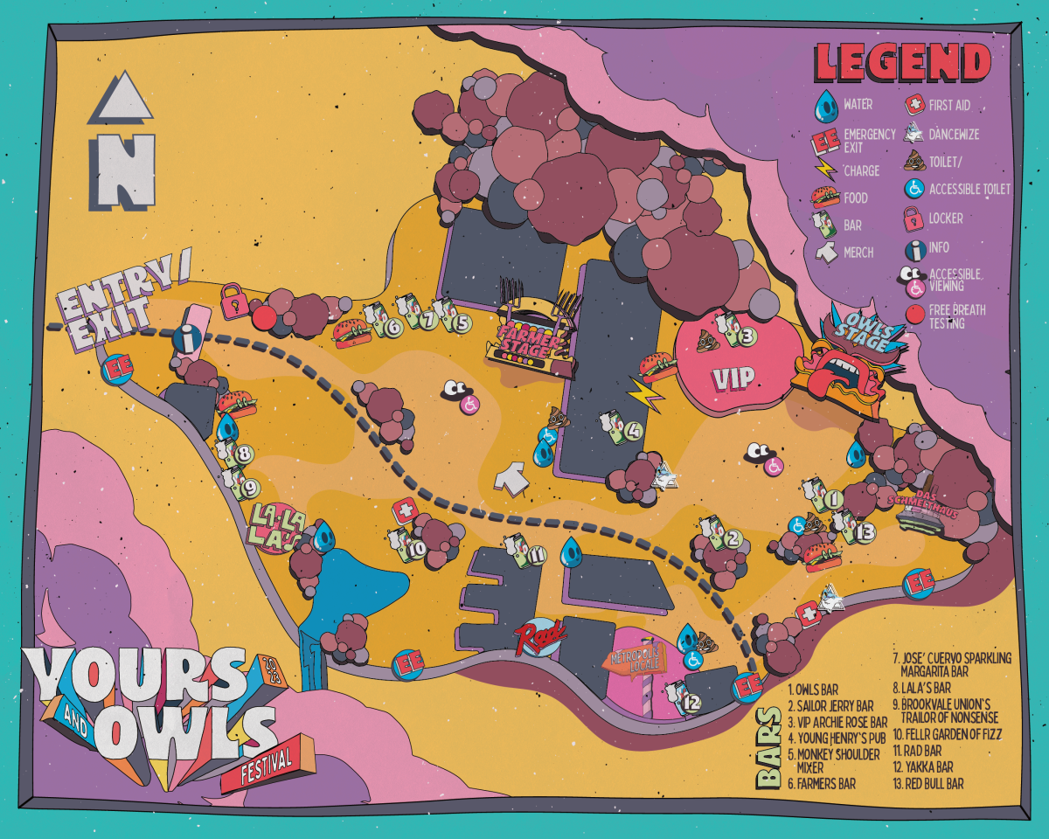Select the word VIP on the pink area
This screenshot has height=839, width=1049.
pos(732,379)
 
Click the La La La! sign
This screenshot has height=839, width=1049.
pos(278,528)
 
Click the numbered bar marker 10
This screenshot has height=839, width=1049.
pos(417,549)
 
